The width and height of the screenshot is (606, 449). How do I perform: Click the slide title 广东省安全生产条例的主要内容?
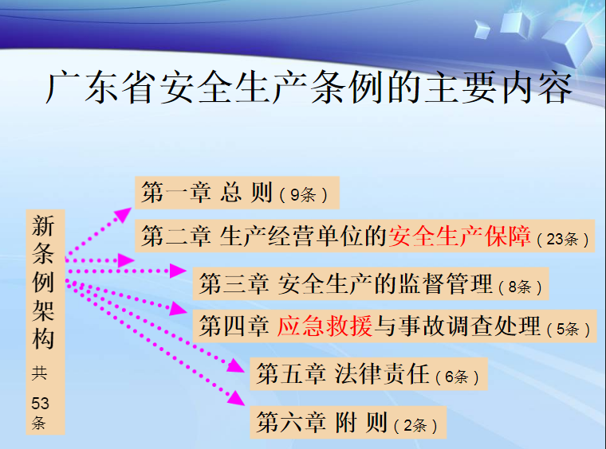(x=309, y=88)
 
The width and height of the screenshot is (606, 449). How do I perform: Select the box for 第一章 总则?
(x=237, y=193)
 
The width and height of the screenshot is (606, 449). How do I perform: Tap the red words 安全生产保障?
(x=459, y=236)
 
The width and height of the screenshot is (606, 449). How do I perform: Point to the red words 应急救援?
(x=325, y=326)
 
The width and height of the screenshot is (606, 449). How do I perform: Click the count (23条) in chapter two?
(x=563, y=239)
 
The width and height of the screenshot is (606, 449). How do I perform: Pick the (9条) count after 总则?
(x=304, y=195)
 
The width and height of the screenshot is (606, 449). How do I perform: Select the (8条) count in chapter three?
(x=520, y=287)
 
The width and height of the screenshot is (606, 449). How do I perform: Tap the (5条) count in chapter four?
(x=568, y=329)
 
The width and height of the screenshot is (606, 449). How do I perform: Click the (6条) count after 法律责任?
(x=457, y=377)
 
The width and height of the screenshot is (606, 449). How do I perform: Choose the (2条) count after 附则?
(x=415, y=425)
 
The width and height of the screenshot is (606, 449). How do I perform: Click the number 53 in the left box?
(x=40, y=404)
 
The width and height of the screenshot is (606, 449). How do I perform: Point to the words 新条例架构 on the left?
(x=43, y=282)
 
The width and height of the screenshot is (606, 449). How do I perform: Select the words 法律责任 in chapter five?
(x=382, y=373)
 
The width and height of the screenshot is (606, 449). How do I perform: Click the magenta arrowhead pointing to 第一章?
(x=124, y=214)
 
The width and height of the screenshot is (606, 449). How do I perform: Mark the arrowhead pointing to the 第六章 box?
(x=237, y=399)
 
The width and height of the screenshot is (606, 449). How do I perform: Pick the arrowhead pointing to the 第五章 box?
(x=236, y=365)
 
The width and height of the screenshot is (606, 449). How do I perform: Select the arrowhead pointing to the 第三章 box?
(x=178, y=271)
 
